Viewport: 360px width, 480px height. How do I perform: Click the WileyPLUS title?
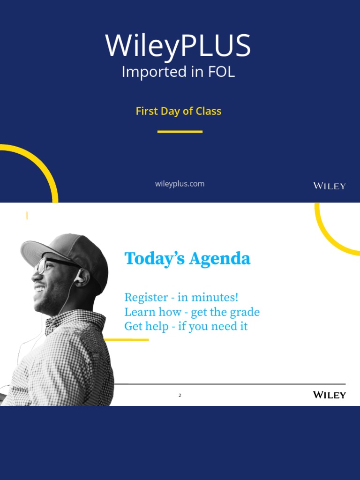click(x=178, y=46)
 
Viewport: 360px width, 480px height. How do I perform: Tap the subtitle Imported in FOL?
click(x=178, y=72)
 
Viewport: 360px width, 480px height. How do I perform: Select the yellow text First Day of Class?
click(x=178, y=111)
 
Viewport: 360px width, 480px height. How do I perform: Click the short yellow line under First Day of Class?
click(x=180, y=132)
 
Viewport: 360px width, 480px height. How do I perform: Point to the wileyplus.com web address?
click(x=180, y=184)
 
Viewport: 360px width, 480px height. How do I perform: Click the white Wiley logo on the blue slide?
click(x=329, y=186)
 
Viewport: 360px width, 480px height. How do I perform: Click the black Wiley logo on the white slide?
click(x=329, y=395)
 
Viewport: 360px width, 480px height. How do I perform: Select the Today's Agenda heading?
click(x=187, y=259)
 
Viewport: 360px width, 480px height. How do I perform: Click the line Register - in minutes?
click(x=181, y=297)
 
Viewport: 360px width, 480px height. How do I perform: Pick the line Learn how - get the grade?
click(x=192, y=312)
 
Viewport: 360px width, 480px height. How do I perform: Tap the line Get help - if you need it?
click(x=186, y=327)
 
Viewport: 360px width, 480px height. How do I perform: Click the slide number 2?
click(x=180, y=396)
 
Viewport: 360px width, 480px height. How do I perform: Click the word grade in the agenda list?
click(x=245, y=312)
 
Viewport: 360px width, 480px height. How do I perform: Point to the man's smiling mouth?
click(x=39, y=288)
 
